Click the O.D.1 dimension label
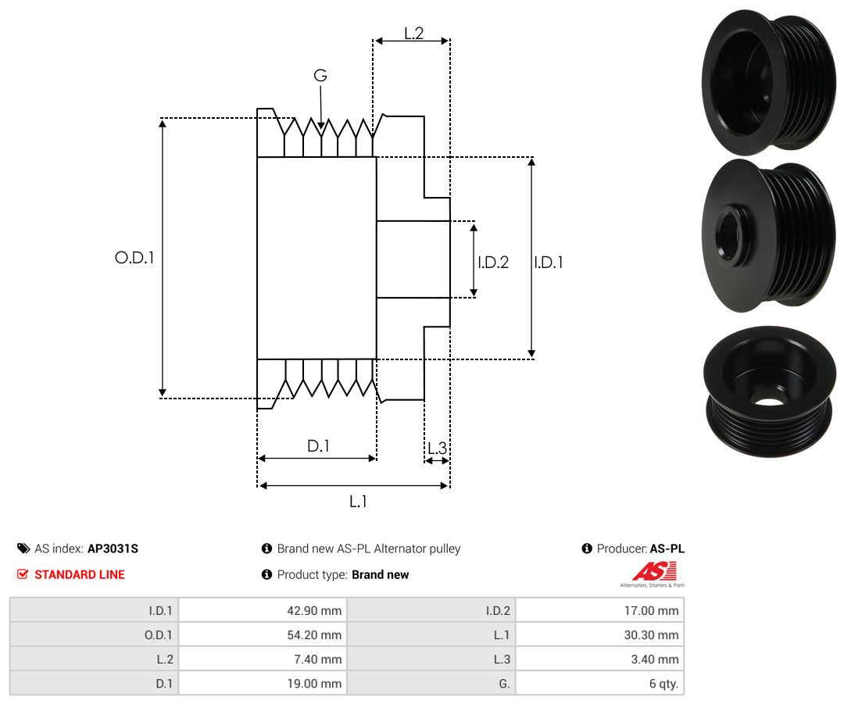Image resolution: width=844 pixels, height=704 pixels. (x=134, y=257)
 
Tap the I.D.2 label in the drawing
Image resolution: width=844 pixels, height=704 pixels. (x=493, y=263)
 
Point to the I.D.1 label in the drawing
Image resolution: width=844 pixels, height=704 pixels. (x=549, y=263)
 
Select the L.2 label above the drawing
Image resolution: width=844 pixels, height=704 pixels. (x=413, y=34)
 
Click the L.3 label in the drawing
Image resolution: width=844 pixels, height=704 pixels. (x=437, y=448)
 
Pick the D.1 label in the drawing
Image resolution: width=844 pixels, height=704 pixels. (x=318, y=446)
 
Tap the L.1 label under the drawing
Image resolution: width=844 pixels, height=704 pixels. (x=358, y=502)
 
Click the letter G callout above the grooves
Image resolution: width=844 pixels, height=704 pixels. (x=320, y=76)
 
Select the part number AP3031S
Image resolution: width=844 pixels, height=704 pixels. (x=113, y=549)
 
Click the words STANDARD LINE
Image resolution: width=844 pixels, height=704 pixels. (x=80, y=574)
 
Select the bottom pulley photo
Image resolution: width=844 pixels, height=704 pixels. (x=769, y=391)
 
